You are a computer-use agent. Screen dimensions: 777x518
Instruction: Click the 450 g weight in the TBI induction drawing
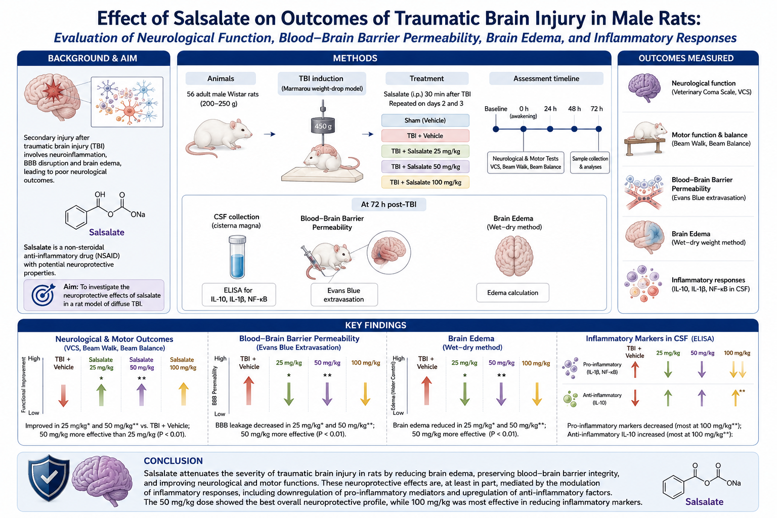click(323, 125)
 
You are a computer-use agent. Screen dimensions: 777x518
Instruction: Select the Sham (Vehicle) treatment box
click(425, 120)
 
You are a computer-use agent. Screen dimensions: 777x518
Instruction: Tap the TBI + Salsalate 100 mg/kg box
click(425, 182)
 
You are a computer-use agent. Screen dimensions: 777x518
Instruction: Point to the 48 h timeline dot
click(575, 129)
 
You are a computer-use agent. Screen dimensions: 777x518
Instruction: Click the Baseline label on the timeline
click(496, 109)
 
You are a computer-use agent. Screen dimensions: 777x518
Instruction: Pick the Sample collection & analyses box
click(590, 163)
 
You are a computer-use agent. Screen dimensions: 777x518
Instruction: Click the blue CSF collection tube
click(238, 257)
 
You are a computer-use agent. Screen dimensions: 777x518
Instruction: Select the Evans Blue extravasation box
click(344, 294)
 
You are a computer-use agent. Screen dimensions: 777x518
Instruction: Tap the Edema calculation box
click(512, 292)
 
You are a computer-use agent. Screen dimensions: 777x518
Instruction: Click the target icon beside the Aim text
click(43, 295)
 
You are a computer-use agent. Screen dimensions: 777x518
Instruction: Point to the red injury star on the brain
click(53, 92)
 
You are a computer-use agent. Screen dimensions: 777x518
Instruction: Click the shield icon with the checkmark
click(49, 478)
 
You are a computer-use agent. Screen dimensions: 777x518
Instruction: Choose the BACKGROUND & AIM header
click(93, 58)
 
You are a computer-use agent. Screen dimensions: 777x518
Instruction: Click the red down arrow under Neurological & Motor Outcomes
click(63, 396)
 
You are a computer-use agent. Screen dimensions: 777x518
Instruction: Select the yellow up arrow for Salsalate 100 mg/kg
click(184, 394)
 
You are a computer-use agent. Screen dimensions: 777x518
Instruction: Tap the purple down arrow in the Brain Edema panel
click(501, 394)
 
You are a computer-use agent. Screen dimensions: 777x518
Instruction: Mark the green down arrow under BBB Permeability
click(289, 394)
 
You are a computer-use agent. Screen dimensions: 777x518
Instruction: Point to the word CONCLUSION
click(173, 461)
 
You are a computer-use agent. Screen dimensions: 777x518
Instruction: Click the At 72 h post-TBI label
click(389, 204)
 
